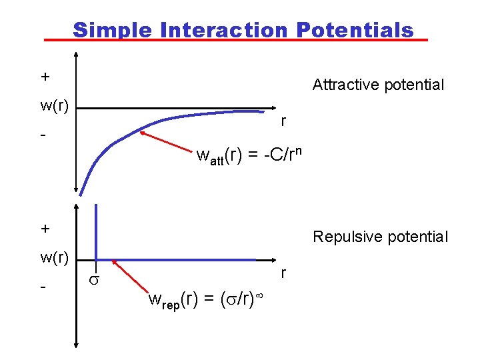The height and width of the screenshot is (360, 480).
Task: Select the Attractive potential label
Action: (x=378, y=85)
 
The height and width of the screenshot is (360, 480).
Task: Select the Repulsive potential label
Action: (x=381, y=237)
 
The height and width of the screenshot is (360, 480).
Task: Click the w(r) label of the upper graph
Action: (x=55, y=105)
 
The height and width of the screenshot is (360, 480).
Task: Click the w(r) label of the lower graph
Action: (x=55, y=257)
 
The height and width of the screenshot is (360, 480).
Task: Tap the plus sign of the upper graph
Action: (x=45, y=77)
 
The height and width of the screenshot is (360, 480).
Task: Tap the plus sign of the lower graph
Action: (x=45, y=229)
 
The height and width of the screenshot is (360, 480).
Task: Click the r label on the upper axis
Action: (x=284, y=121)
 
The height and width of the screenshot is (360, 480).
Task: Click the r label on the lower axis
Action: (x=284, y=273)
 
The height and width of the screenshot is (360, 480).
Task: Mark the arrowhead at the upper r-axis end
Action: (x=274, y=107)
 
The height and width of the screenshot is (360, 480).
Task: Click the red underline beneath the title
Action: (x=235, y=41)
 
